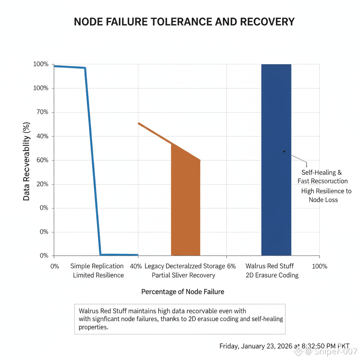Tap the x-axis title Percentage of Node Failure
(182, 292)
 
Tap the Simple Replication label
(97, 266)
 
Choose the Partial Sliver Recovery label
(183, 275)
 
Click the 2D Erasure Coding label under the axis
(272, 275)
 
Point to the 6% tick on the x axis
(231, 266)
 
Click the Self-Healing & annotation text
(321, 173)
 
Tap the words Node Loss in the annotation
(323, 200)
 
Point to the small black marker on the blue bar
(284, 152)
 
